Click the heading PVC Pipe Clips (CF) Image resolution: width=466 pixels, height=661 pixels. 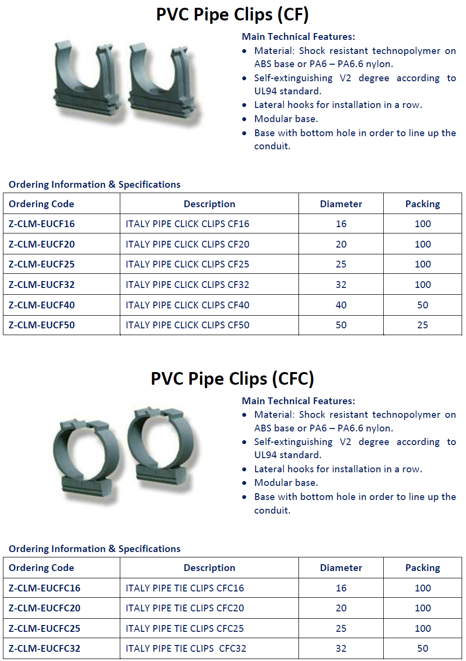232,15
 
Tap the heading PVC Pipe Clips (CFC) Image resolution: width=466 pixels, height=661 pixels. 232,378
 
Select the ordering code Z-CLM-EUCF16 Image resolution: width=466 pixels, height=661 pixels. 42,224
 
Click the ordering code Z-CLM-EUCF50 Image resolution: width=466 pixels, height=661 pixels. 42,325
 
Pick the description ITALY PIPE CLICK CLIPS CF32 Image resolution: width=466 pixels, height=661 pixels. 187,285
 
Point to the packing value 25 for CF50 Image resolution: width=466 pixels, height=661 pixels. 422,325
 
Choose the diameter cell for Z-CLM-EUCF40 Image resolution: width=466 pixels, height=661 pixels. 341,305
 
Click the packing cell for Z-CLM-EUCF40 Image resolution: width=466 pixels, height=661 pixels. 422,305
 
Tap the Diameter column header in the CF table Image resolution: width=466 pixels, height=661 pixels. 341,204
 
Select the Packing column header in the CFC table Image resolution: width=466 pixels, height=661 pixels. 422,568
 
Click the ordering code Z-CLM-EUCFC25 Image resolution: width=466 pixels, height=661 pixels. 44,628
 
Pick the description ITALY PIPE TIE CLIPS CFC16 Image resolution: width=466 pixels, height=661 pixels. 185,588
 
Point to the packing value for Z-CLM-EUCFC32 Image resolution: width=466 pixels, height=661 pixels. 422,648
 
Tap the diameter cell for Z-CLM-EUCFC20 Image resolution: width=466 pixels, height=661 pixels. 341,608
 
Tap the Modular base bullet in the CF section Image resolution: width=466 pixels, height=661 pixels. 286,119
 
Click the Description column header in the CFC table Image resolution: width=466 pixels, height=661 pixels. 209,568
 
